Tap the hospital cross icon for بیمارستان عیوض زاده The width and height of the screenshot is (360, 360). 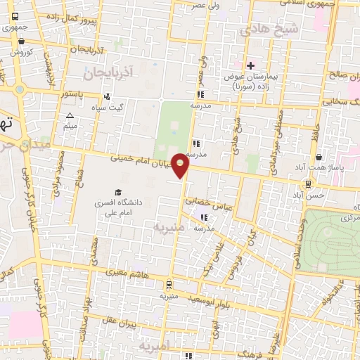click(x=250, y=65)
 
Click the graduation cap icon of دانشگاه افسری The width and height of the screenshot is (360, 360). click(x=118, y=192)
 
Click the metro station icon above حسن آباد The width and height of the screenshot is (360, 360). click(x=307, y=185)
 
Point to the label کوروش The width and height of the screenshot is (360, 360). click(x=21, y=52)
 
